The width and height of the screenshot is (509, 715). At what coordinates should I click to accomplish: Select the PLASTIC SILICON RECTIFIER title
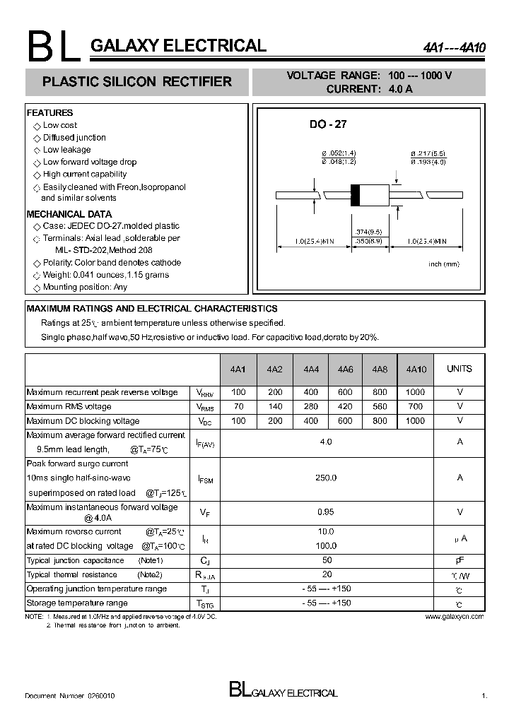(137, 82)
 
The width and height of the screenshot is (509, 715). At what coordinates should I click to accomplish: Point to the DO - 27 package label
(327, 124)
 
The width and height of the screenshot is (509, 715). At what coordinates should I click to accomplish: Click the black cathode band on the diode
(356, 194)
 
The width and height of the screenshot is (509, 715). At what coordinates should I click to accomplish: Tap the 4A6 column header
(345, 370)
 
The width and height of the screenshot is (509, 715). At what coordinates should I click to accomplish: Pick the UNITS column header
(460, 369)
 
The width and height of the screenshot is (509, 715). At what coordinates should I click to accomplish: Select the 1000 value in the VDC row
(416, 421)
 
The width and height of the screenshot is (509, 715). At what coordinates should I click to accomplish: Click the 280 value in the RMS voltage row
(310, 407)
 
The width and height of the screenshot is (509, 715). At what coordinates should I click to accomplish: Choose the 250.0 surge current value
(326, 478)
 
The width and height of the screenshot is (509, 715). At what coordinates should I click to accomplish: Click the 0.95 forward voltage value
(325, 512)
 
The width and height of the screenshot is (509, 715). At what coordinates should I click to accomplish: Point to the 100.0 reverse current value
(326, 546)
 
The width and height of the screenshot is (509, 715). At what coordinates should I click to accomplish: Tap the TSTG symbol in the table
(204, 604)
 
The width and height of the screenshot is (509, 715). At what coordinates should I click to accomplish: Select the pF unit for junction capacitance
(460, 560)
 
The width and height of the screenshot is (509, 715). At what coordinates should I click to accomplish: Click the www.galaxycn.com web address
(455, 617)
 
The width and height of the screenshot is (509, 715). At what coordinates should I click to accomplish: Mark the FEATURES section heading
(49, 113)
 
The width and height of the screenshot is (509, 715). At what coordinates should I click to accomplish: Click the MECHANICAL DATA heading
(69, 214)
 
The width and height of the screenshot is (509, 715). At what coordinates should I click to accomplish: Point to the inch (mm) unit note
(443, 264)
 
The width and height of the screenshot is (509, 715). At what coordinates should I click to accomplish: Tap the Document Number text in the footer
(69, 696)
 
